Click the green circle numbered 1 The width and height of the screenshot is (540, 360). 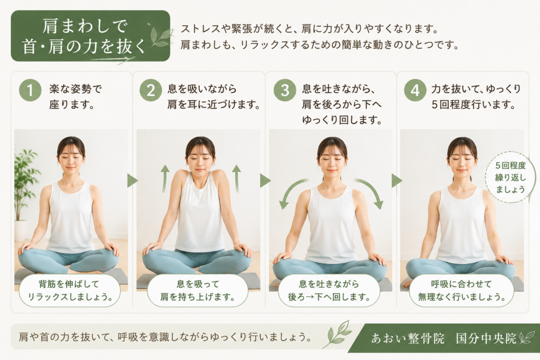pos(30,90)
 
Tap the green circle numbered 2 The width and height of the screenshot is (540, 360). pos(151,90)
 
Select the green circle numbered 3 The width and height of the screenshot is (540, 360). pos(285,90)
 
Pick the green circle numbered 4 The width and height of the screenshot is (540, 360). pos(416,90)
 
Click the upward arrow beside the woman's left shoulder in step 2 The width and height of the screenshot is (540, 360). pos(237,178)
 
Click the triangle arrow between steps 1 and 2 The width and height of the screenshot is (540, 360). pos(132,181)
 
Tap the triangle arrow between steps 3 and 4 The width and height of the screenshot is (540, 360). pos(397,181)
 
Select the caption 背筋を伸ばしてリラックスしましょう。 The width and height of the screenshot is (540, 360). pos(70,290)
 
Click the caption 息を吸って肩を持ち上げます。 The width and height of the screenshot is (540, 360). pos(198,290)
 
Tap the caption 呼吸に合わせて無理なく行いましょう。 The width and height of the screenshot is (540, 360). pos(461,290)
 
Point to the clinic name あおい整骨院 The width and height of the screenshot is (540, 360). pos(408,338)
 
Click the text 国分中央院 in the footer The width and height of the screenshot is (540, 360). pos(486,338)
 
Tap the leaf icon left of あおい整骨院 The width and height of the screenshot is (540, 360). pos(337,334)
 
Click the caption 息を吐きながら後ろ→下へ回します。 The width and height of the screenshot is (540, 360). pos(329,290)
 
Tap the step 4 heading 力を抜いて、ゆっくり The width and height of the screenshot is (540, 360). pos(476,89)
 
